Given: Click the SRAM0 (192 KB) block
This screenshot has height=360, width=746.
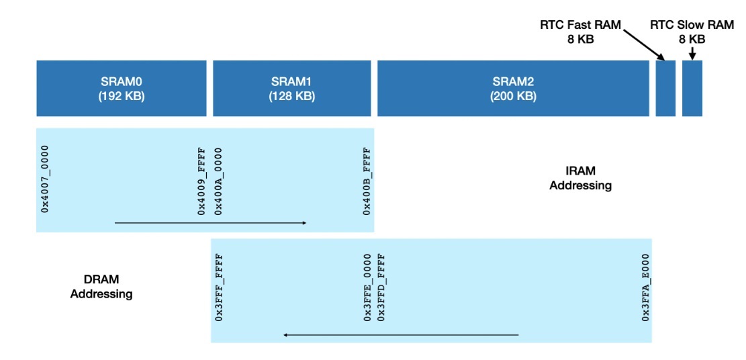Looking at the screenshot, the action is click(x=122, y=88).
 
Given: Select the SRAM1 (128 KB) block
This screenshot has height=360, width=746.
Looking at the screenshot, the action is click(x=291, y=88).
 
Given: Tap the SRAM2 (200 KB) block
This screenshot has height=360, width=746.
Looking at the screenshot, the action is click(x=514, y=88).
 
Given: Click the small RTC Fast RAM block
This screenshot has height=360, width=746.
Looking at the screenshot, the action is click(x=665, y=88).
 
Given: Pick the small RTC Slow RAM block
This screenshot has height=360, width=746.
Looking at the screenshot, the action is click(x=692, y=88).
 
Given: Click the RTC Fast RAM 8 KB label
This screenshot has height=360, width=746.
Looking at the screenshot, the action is click(x=580, y=32).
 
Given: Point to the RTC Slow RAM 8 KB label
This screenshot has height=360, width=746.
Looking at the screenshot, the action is click(x=692, y=32).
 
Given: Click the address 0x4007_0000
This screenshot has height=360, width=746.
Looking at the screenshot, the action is click(x=45, y=179).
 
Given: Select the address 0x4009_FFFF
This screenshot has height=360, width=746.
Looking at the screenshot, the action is click(x=201, y=181).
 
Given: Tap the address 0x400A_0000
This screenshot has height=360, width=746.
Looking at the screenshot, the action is click(x=218, y=181).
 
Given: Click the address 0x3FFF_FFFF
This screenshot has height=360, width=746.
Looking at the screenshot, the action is click(x=219, y=287).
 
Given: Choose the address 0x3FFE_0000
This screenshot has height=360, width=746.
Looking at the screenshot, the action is click(x=367, y=287).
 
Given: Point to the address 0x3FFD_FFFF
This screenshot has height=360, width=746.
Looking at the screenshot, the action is click(x=381, y=287).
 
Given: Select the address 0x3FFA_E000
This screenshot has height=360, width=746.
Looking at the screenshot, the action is click(x=645, y=287).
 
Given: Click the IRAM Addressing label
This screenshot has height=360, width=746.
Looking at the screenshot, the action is click(x=580, y=178).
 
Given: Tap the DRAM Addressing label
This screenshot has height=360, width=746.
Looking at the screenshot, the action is click(x=101, y=287).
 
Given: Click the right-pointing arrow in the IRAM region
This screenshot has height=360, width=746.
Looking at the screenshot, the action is click(x=211, y=222).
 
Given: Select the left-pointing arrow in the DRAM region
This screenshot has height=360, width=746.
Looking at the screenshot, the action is click(x=401, y=334).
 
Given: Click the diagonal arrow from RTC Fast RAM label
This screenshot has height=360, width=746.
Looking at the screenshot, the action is click(x=643, y=45).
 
